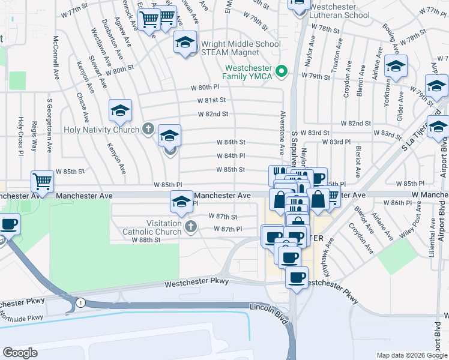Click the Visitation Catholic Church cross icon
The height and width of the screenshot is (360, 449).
[x=190, y=226]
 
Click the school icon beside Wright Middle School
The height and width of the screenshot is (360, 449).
[x=185, y=43]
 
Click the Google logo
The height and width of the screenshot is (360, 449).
[x=20, y=353]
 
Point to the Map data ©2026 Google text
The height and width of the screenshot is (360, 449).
[x=412, y=355]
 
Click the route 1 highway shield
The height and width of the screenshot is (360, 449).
[x=80, y=303]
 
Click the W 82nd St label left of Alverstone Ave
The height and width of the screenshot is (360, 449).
[x=213, y=113]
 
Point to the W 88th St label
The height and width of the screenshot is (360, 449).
[x=146, y=239]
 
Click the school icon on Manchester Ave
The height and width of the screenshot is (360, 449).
[x=181, y=202]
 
